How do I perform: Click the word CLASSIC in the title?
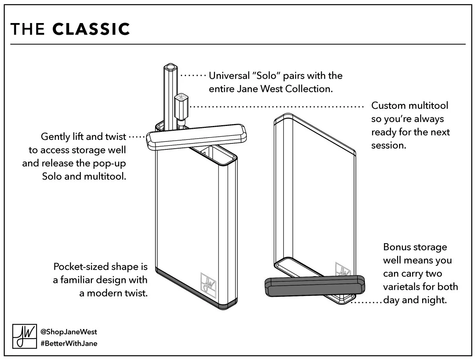click(91, 29)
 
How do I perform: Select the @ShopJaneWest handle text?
click(69, 331)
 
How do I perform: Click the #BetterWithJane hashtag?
click(69, 343)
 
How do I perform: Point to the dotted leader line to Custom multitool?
click(278, 106)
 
